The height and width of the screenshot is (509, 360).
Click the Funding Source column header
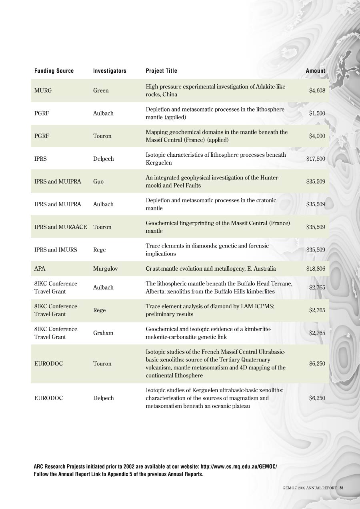(54, 71)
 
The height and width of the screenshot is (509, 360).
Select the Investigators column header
(110, 71)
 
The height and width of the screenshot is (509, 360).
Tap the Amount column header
(316, 71)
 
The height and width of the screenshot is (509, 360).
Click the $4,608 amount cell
(317, 91)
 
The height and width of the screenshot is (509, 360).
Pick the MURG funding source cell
(43, 91)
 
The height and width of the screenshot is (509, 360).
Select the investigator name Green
(101, 91)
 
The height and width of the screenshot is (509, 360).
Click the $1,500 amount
(317, 114)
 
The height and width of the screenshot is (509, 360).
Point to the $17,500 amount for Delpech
(316, 159)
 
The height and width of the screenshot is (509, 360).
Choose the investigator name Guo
(98, 182)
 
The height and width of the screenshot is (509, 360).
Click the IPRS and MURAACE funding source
(60, 227)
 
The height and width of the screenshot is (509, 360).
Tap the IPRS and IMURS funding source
(56, 250)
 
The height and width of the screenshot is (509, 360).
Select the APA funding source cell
(40, 269)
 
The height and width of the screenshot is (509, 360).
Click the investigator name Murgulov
(105, 269)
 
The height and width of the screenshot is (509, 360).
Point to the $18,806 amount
(316, 269)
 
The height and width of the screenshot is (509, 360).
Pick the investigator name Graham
(103, 333)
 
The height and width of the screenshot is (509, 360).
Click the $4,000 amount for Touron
(317, 136)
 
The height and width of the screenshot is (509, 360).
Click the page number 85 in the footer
(342, 488)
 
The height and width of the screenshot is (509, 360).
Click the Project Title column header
(161, 71)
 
